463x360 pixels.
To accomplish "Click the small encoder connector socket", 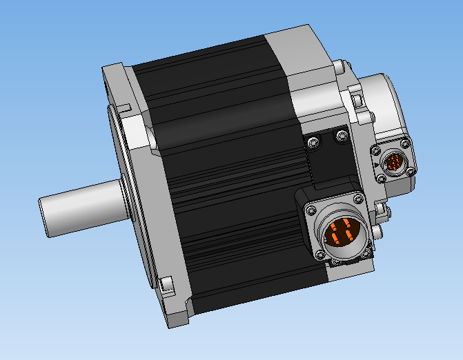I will click(393, 163).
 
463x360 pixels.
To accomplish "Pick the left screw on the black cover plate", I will click(315, 143).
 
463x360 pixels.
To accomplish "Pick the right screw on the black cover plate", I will click(340, 136).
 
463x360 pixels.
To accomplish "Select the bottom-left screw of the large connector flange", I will click(319, 256).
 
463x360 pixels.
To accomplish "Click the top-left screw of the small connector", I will click(376, 150).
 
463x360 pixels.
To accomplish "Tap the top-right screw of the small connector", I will click(406, 143).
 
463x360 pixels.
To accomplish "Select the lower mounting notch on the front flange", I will click(165, 283).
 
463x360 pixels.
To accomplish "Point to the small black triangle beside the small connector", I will click(373, 166).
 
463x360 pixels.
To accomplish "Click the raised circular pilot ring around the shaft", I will click(123, 200).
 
